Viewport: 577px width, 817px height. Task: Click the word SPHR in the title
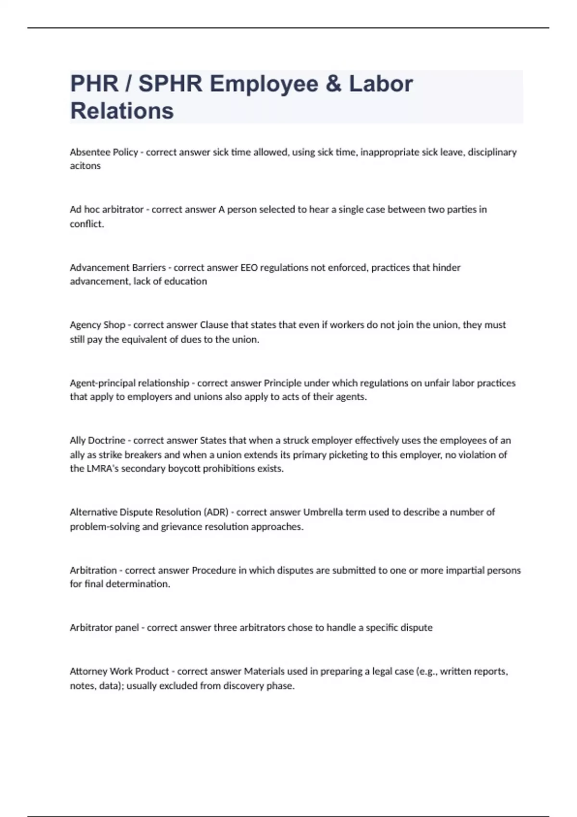point(170,84)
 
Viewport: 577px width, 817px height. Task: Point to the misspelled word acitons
point(85,166)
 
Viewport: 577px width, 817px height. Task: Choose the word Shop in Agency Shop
point(114,325)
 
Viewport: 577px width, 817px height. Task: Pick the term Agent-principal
point(102,383)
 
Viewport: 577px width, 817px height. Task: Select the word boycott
point(184,469)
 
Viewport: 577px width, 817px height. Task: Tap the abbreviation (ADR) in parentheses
point(216,512)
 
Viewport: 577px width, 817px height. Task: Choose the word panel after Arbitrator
point(126,628)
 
